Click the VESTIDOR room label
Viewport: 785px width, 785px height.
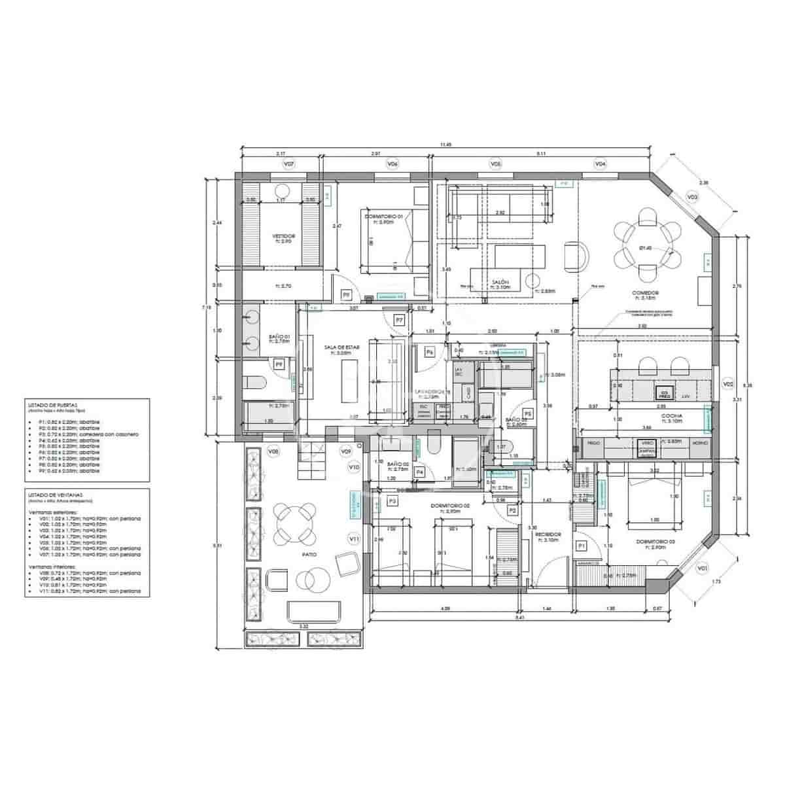[x=283, y=235]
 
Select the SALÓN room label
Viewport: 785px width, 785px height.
[x=501, y=282]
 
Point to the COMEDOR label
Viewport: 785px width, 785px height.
[x=645, y=293]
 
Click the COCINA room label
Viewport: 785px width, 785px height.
[x=672, y=415]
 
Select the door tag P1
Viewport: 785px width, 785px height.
[x=580, y=545]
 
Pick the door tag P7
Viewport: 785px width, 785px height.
[x=399, y=319]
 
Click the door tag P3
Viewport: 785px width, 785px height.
[x=392, y=501]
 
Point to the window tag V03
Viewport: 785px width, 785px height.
[x=691, y=197]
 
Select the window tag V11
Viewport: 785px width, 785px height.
[x=354, y=538]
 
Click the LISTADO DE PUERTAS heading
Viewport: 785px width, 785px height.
[x=48, y=405]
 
